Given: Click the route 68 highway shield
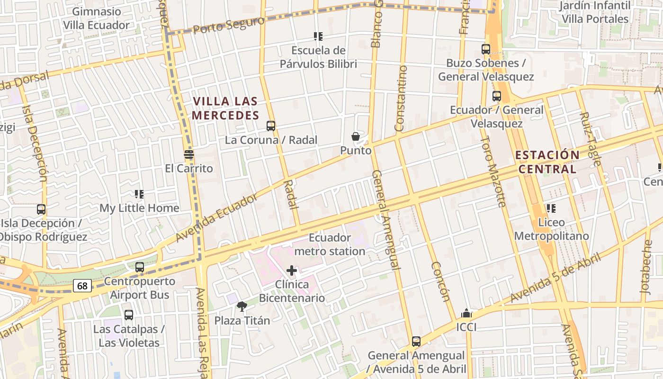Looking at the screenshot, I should [x=82, y=286].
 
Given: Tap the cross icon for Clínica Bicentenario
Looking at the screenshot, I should [x=292, y=271].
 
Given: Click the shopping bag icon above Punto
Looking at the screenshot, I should [x=356, y=137].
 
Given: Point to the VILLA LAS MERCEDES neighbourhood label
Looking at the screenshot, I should [x=225, y=108].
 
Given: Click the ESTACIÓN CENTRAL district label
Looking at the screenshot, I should [x=547, y=162].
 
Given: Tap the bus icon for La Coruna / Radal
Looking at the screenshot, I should [x=271, y=126].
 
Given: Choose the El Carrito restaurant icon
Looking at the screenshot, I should [x=189, y=154].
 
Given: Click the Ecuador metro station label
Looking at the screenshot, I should [x=330, y=244].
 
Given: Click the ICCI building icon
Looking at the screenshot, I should [x=466, y=314].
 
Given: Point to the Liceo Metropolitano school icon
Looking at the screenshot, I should [x=551, y=208].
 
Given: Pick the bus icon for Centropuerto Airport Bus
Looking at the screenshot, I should [x=140, y=267].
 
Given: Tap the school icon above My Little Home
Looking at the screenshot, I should [x=139, y=194].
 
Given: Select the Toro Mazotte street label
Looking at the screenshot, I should [x=493, y=171].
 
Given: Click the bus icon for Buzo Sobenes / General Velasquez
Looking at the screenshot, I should [x=486, y=49].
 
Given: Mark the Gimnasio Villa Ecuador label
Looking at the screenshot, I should [x=97, y=18].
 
